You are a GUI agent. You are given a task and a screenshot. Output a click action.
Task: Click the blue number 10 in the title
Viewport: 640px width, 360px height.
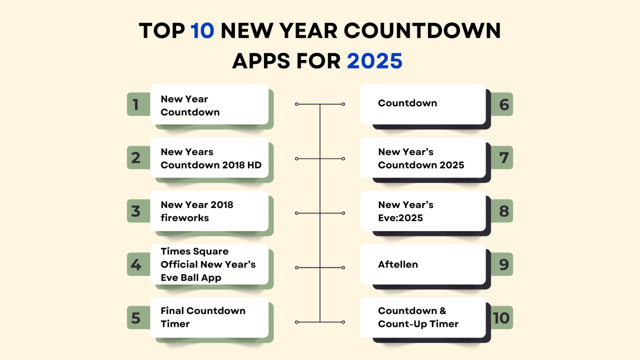[202, 31]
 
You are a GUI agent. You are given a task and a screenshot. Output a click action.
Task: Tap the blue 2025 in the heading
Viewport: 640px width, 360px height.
[374, 61]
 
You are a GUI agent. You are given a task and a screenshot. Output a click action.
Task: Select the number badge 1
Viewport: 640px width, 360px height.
[135, 104]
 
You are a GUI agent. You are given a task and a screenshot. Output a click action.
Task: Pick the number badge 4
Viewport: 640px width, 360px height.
[135, 264]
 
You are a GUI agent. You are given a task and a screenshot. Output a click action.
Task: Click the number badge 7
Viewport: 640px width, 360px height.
[503, 157]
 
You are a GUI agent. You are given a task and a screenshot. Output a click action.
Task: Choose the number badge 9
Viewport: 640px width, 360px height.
[503, 264]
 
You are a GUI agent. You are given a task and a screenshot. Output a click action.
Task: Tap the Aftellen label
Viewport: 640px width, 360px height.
[398, 264]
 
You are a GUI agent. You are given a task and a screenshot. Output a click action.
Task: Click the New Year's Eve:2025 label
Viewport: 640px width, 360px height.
[405, 211]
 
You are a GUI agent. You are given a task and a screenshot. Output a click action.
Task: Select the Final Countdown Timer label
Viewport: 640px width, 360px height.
[203, 317]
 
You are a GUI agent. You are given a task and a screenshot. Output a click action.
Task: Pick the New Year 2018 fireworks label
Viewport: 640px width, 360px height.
[197, 211]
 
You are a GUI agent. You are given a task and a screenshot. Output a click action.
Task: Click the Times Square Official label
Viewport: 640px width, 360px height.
[208, 264]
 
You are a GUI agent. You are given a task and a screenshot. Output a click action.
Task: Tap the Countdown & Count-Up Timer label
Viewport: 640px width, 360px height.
[418, 317]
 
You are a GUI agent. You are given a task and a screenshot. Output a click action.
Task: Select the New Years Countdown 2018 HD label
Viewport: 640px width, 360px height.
[211, 158]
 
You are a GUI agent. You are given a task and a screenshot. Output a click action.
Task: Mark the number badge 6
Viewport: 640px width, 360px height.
[503, 104]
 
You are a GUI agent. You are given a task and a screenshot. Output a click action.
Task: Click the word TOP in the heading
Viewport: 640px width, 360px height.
[161, 31]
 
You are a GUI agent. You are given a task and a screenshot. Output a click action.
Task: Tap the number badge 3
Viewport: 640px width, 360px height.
[135, 211]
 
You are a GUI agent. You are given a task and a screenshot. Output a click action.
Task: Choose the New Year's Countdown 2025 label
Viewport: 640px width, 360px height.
[421, 158]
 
